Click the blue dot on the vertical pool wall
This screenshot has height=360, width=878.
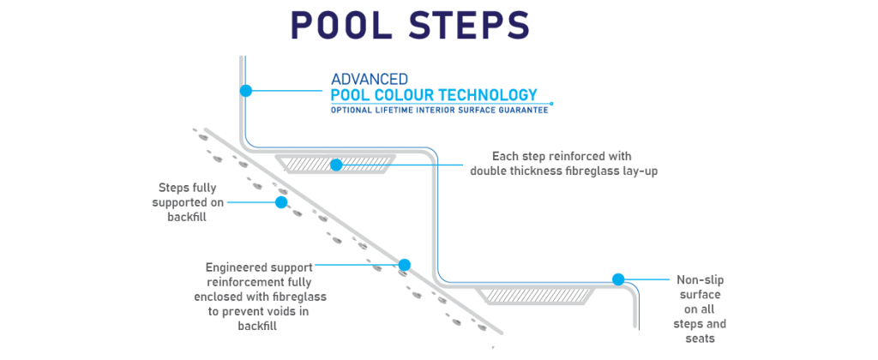pyautogui.click(x=245, y=90)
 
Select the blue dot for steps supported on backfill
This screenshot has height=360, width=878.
pyautogui.click(x=280, y=202)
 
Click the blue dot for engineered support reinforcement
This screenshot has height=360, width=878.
pyautogui.click(x=405, y=266)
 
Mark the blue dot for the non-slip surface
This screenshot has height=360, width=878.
pyautogui.click(x=617, y=279)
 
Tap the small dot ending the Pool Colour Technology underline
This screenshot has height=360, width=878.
pyautogui.click(x=551, y=104)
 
